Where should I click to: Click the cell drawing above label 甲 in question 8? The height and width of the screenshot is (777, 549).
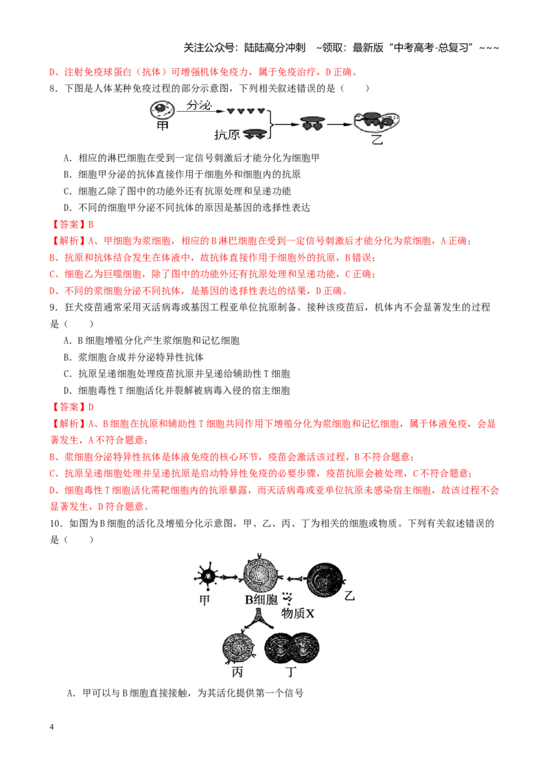[x=163, y=110]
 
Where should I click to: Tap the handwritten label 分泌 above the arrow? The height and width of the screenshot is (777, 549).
[x=199, y=104]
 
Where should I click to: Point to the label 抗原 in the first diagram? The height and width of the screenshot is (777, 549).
[x=227, y=135]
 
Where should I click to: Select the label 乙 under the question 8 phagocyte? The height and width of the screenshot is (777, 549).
[x=377, y=139]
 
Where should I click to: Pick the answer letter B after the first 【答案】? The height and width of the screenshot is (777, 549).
[x=91, y=224]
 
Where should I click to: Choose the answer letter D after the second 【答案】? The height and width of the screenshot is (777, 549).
[x=91, y=407]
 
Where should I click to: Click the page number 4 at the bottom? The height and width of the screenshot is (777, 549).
[x=51, y=727]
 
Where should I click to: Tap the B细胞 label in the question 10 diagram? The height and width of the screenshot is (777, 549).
[x=261, y=600]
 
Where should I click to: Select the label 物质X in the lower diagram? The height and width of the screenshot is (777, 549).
[x=298, y=614]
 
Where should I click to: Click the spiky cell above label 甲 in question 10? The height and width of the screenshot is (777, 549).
[x=206, y=576]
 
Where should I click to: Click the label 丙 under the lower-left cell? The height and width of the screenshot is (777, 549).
[x=237, y=673]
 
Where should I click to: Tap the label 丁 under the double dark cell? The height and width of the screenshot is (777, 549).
[x=291, y=673]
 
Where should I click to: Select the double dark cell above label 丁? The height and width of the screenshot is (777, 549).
[x=292, y=648]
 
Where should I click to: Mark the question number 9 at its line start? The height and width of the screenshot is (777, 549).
[x=54, y=308]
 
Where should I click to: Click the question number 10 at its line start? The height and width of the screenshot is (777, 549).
[x=56, y=523]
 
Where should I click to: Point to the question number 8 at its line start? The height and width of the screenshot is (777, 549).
[x=54, y=89]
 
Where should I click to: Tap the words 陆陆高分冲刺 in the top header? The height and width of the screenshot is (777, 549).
[x=274, y=47]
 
